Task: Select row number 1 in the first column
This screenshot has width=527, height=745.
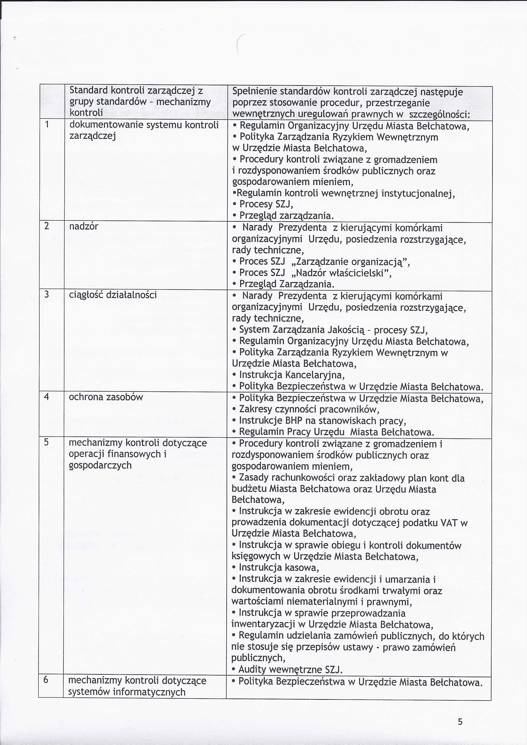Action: point(47,125)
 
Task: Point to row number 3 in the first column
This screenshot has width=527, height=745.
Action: point(47,295)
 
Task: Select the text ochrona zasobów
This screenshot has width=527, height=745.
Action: point(106,397)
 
